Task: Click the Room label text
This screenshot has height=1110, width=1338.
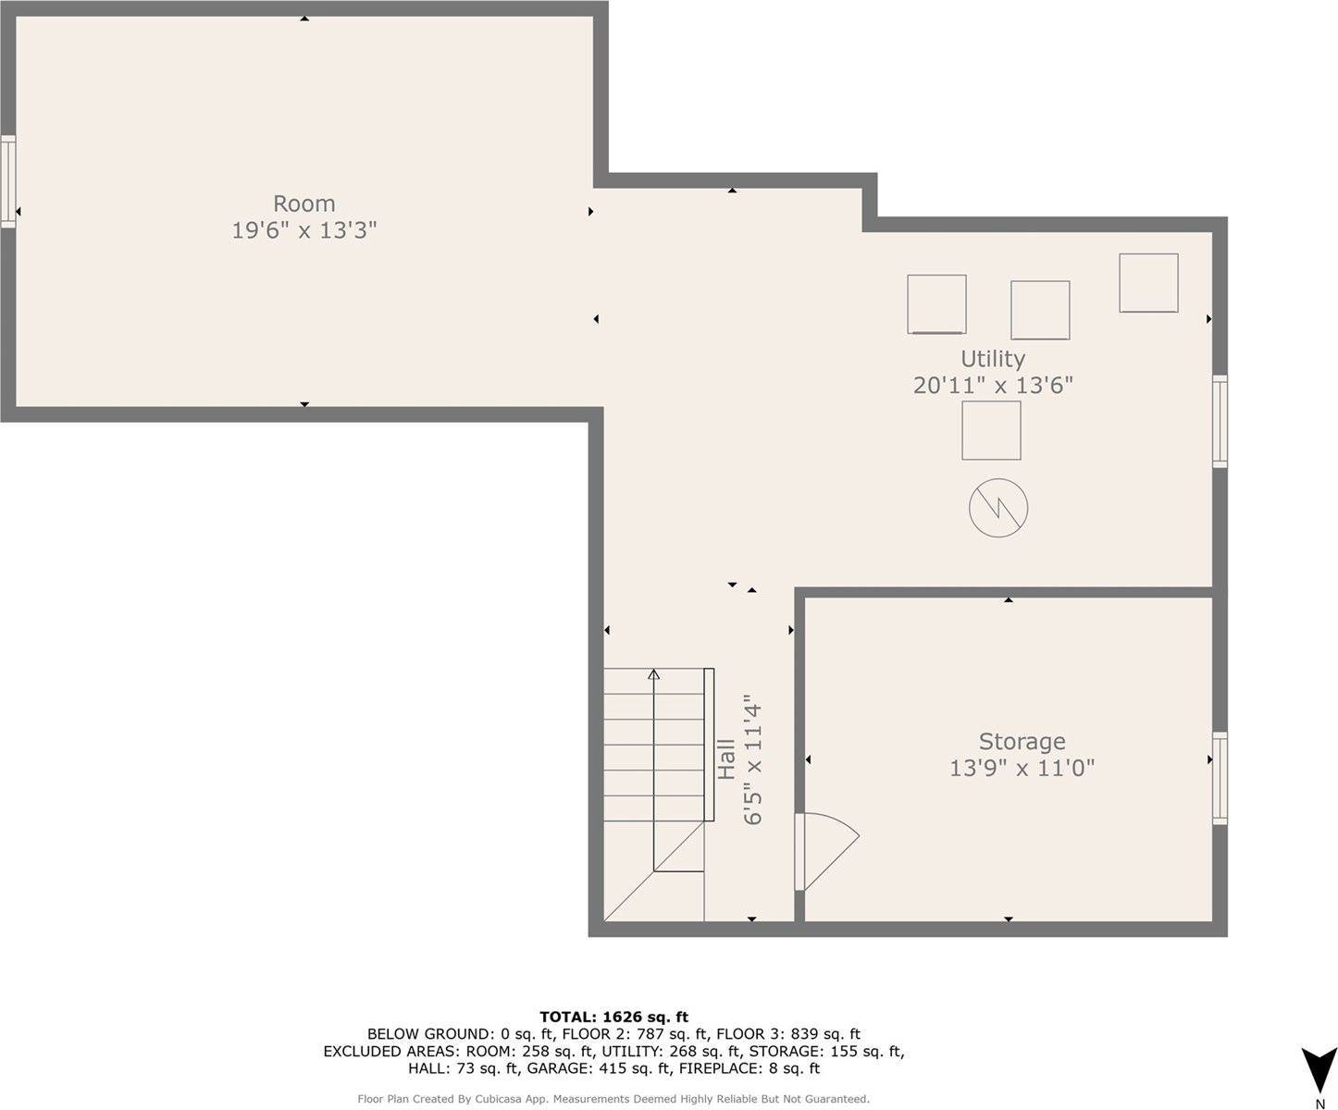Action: pyautogui.click(x=304, y=203)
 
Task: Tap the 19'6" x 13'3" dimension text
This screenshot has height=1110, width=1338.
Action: pyautogui.click(x=304, y=230)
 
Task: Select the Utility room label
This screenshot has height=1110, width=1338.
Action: pyautogui.click(x=992, y=358)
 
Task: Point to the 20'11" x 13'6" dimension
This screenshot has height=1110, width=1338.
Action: pyautogui.click(x=992, y=385)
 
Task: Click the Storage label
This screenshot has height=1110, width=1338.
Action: pyautogui.click(x=1022, y=741)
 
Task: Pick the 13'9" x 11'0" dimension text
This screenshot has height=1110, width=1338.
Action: pyautogui.click(x=1022, y=768)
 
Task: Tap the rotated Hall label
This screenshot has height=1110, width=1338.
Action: pyautogui.click(x=726, y=758)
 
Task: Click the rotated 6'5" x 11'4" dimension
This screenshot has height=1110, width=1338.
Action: pyautogui.click(x=753, y=760)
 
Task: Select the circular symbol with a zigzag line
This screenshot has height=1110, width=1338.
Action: pyautogui.click(x=997, y=508)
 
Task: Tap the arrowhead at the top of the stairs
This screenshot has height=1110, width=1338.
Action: pyautogui.click(x=654, y=674)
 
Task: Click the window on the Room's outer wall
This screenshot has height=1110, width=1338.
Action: pyautogui.click(x=7, y=180)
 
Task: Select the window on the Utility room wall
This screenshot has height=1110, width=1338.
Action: pyautogui.click(x=1220, y=421)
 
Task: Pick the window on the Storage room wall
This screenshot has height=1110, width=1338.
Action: pyautogui.click(x=1220, y=778)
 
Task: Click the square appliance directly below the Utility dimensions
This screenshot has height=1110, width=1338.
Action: pyautogui.click(x=991, y=430)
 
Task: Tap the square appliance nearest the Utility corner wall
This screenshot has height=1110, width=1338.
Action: pyautogui.click(x=1147, y=283)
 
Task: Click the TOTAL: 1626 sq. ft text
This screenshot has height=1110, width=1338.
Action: pyautogui.click(x=613, y=1017)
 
